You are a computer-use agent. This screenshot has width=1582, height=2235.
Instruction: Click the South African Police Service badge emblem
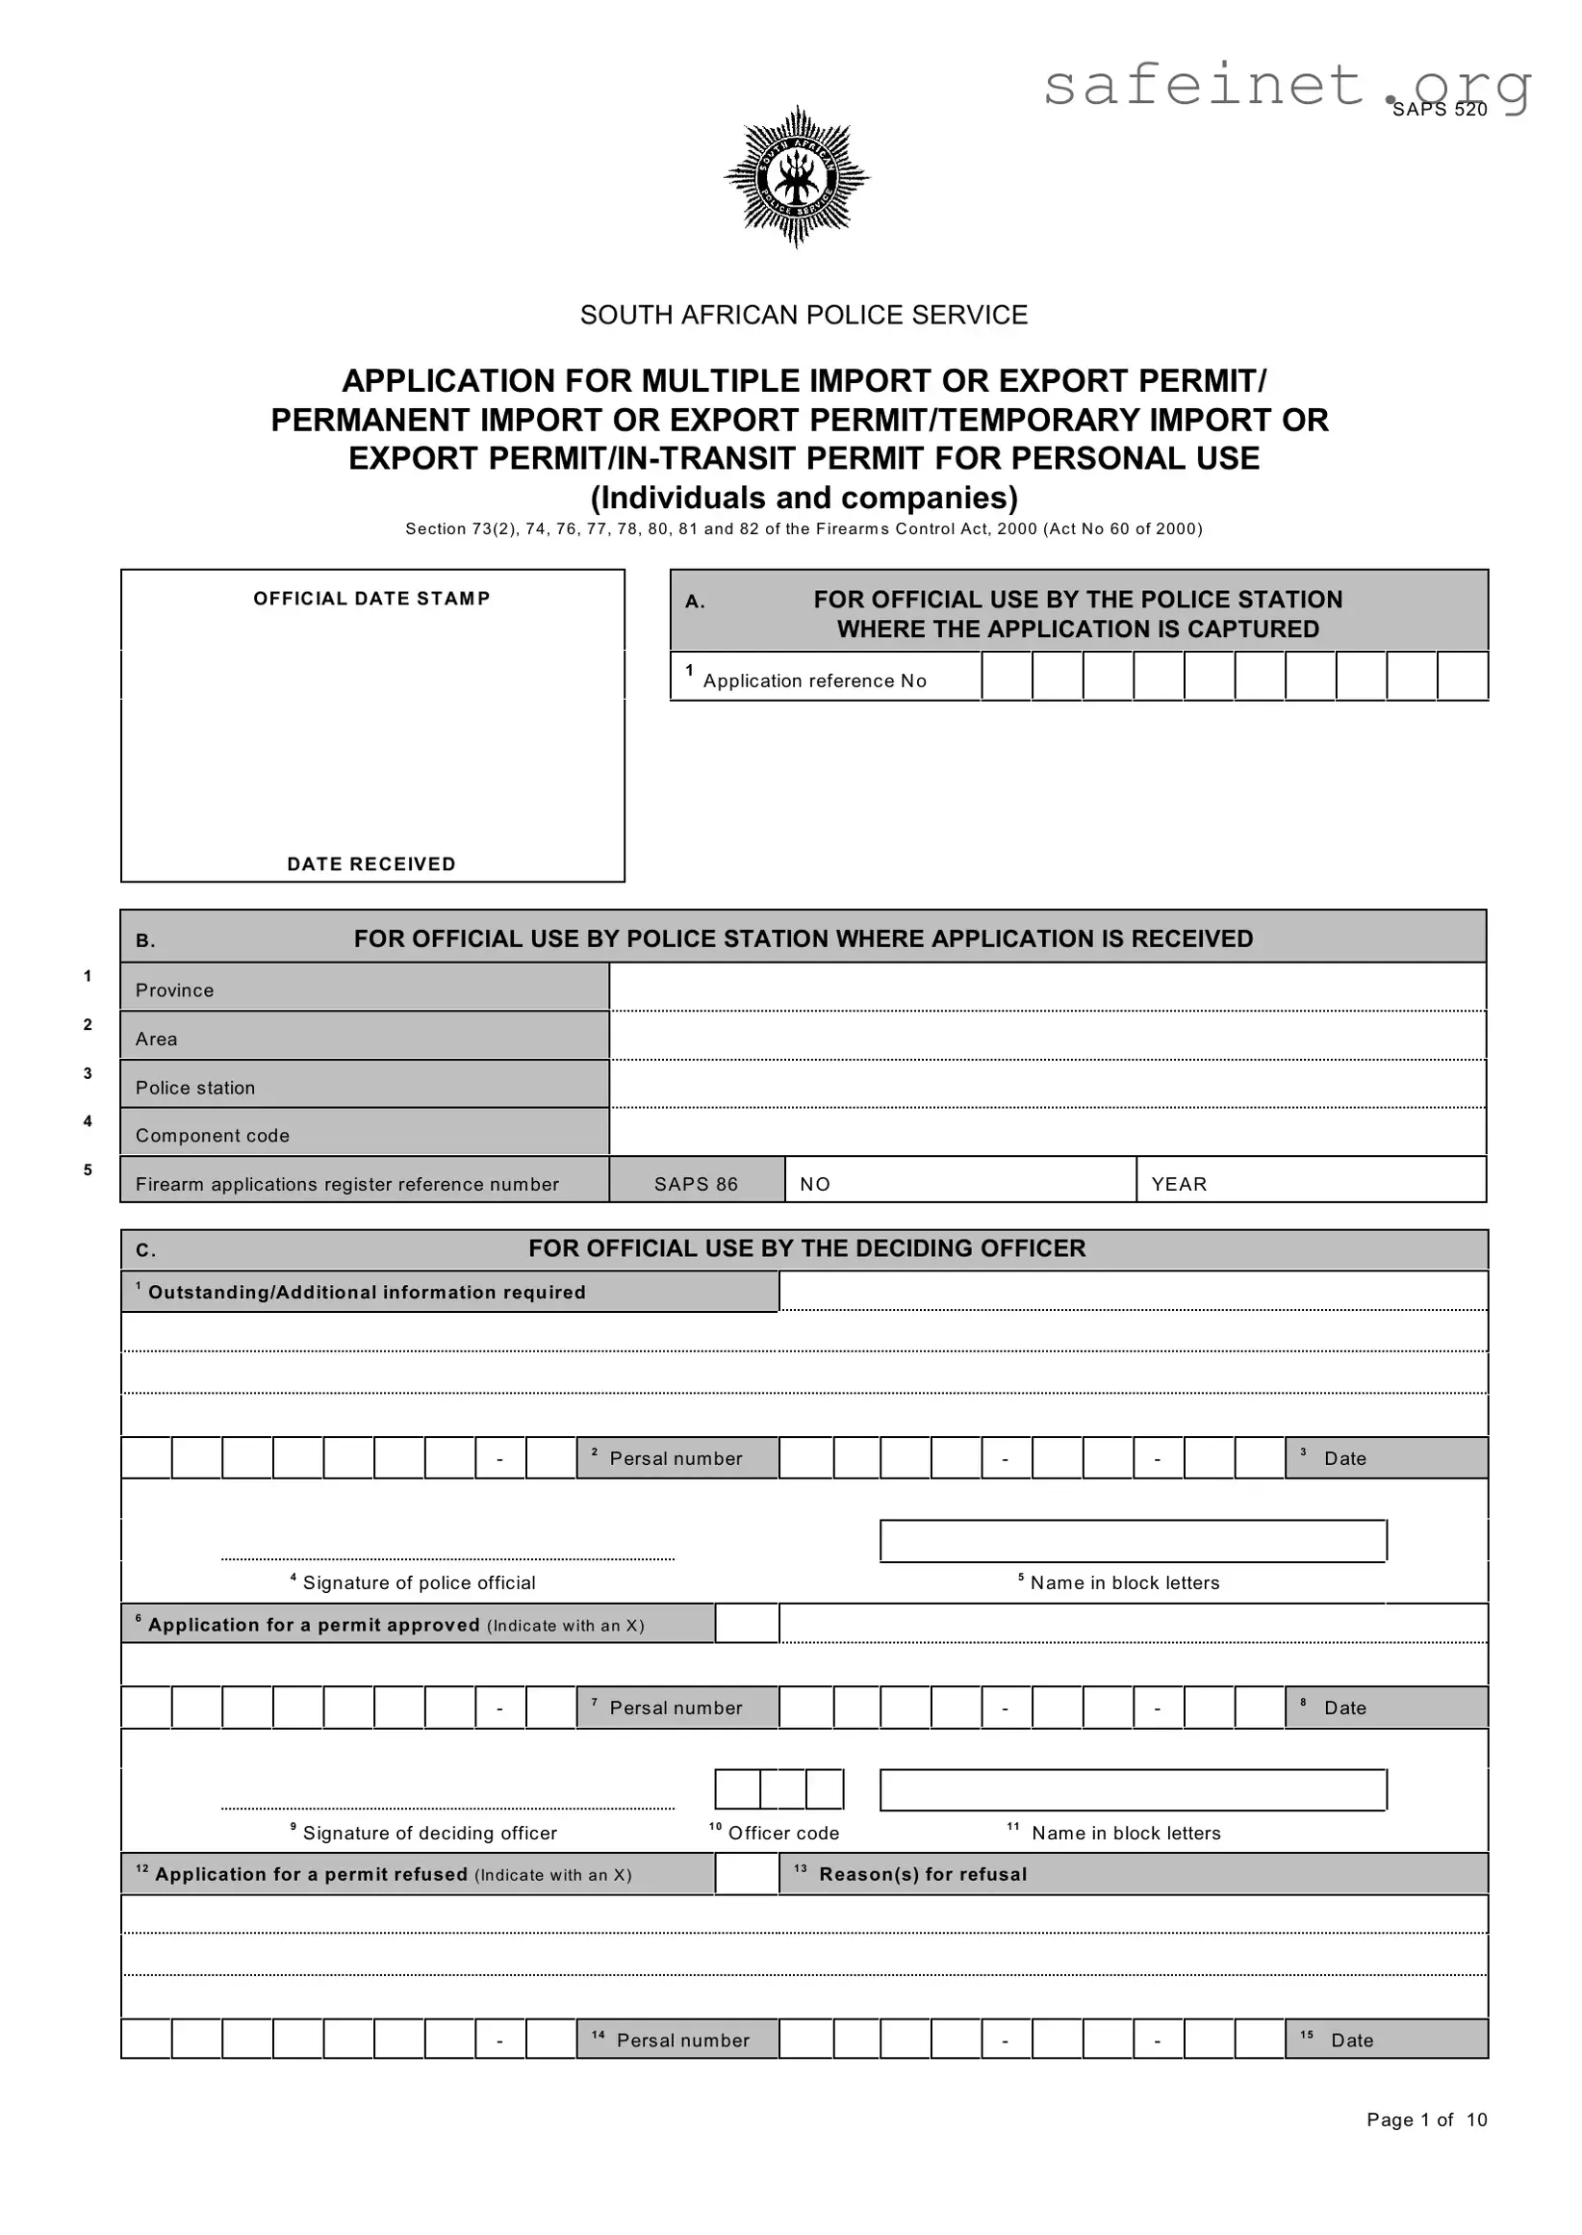[x=796, y=176]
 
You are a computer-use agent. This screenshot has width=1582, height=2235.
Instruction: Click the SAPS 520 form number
[x=1439, y=110]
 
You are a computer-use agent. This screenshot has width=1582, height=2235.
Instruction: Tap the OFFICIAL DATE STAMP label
[x=371, y=598]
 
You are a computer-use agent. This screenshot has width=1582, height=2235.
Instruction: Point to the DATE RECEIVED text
[x=371, y=864]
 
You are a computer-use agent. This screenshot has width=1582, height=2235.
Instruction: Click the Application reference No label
[x=814, y=681]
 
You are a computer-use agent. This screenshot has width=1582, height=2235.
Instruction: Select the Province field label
[x=174, y=989]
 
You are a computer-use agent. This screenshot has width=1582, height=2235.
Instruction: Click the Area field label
[x=157, y=1039]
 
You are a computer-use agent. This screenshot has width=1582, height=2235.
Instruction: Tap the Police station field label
[x=194, y=1088]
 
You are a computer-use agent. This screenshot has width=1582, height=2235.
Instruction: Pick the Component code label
[x=213, y=1135]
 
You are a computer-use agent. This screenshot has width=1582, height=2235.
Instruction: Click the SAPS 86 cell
[x=697, y=1184]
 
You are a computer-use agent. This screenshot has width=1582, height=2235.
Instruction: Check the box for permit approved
[x=746, y=1623]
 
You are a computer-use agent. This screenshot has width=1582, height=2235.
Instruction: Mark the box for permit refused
[x=746, y=1873]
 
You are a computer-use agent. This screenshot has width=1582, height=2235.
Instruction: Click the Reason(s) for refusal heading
[x=923, y=1874]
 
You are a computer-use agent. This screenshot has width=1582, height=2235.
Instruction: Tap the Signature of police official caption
[x=419, y=1583]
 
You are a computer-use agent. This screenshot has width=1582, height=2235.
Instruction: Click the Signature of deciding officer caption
[x=429, y=1834]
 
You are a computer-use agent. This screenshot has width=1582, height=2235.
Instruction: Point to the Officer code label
[x=783, y=1834]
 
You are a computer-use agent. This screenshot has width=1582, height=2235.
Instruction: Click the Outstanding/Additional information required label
[x=367, y=1293]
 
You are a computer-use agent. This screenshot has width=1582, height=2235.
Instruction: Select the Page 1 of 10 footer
[x=1426, y=2120]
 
